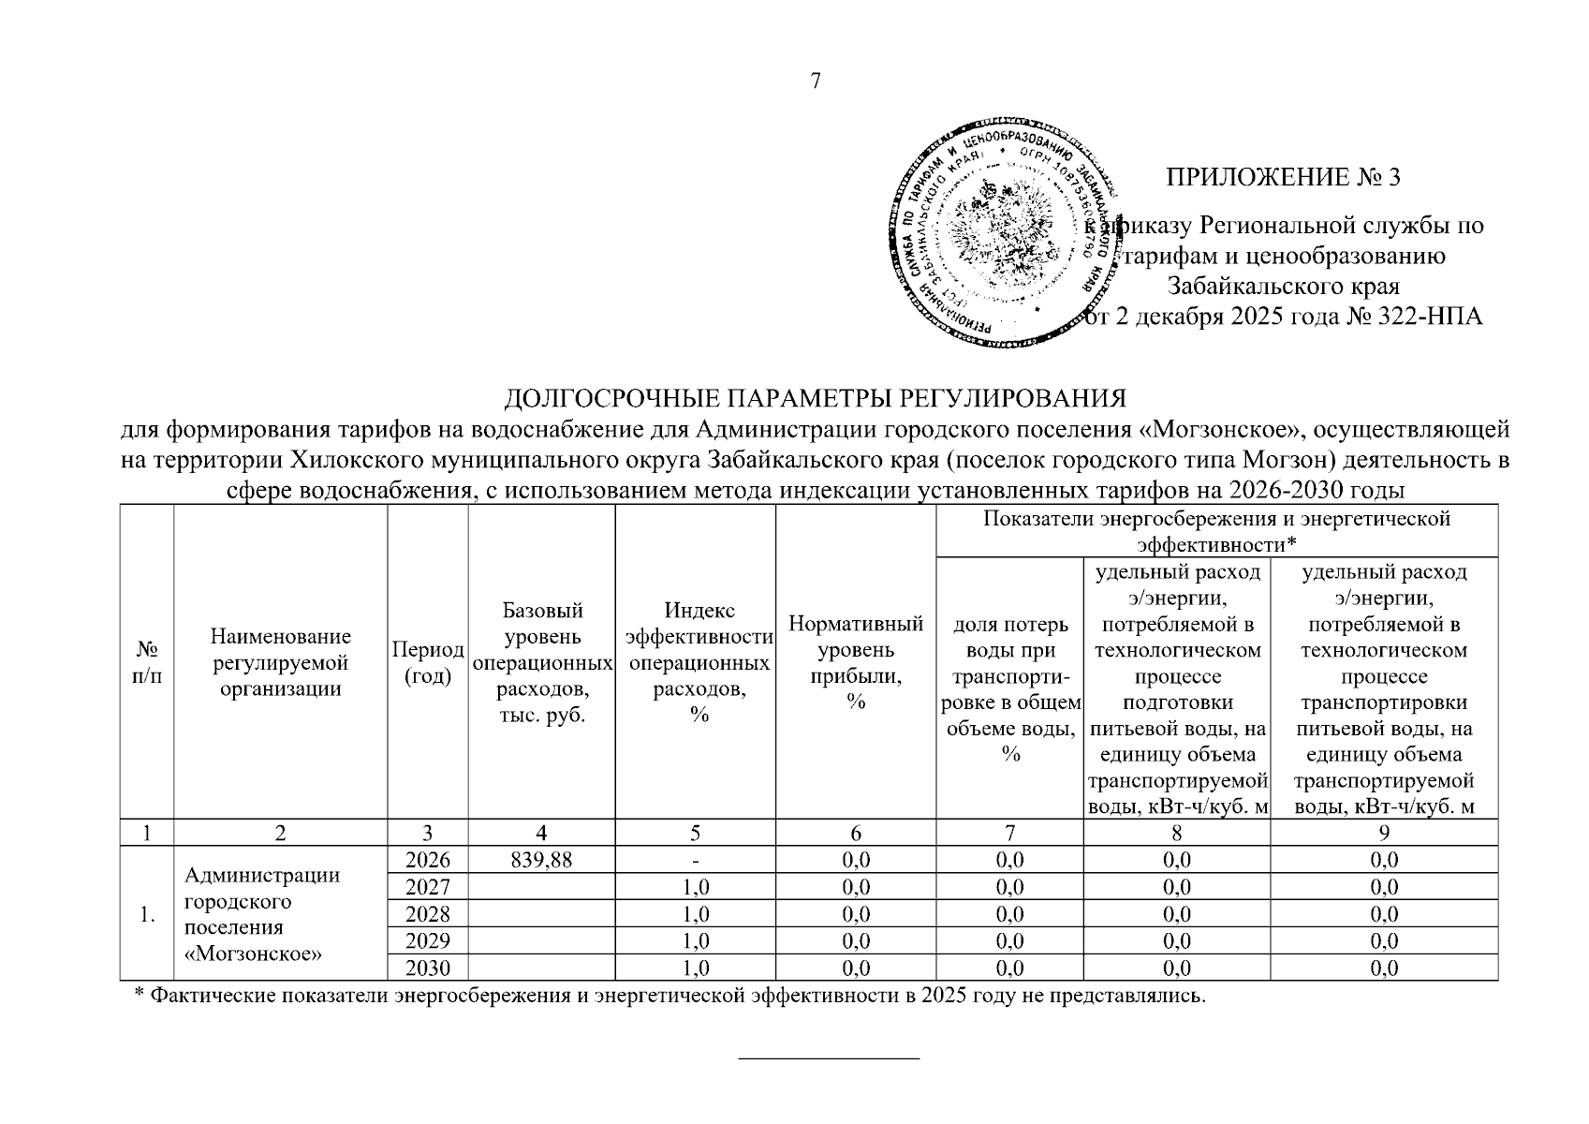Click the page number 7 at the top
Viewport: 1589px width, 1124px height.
[x=815, y=81]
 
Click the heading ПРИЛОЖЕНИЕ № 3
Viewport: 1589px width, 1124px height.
[x=1282, y=177]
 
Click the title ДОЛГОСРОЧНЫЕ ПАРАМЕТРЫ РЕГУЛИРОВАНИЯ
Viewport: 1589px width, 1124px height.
[x=815, y=400]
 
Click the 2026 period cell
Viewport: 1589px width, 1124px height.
[x=427, y=860]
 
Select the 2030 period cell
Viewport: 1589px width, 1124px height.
[x=427, y=968]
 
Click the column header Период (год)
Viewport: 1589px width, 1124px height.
[x=427, y=662]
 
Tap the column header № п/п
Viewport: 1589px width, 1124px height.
[x=147, y=662]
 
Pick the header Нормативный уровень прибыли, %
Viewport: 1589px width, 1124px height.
[x=855, y=662]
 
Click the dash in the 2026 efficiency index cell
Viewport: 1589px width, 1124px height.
[x=695, y=860]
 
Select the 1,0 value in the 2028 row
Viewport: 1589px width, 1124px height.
[x=695, y=914]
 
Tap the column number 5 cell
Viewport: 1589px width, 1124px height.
[x=695, y=833]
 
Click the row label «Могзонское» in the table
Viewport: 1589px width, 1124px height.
[x=254, y=954]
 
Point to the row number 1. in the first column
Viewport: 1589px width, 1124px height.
[x=147, y=915]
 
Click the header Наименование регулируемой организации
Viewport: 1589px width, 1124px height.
[x=280, y=662]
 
